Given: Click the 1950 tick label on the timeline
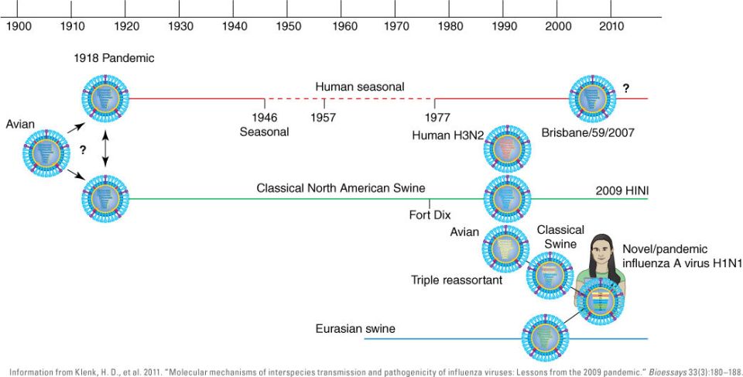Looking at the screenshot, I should [289, 26].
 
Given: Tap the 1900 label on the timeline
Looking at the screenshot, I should [19, 26].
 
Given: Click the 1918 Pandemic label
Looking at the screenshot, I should [104, 59].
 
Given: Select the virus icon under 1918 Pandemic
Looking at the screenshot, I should [105, 99].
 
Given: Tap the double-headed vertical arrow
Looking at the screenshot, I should [105, 149].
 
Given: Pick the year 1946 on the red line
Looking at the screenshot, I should [265, 118].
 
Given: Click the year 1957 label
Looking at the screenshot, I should [324, 118].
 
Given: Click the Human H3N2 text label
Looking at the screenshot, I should [448, 135].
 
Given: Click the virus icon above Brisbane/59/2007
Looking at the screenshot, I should [592, 98].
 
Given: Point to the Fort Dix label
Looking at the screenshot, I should [430, 215].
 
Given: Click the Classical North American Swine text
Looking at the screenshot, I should [341, 188].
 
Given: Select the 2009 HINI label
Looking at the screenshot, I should [620, 190].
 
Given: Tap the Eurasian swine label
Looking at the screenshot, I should [355, 329].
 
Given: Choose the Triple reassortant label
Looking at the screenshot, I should [457, 280].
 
